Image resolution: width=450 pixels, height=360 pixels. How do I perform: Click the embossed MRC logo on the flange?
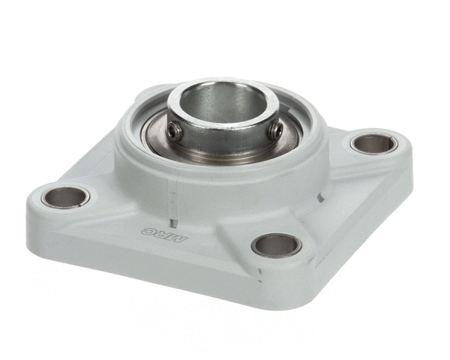(165, 235)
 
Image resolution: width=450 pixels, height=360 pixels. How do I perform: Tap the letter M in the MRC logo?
(180, 238)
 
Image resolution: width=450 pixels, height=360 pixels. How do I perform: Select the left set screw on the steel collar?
(175, 131)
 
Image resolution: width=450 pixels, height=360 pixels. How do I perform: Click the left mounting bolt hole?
(64, 197)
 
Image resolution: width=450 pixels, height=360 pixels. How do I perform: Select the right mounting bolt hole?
(374, 144)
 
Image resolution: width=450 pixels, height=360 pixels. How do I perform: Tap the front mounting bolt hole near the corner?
(277, 246)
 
